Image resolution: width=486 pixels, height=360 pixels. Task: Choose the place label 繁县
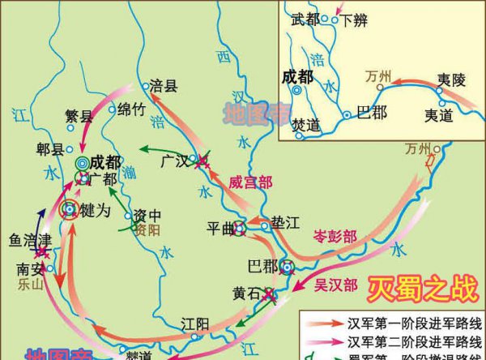tap(79, 116)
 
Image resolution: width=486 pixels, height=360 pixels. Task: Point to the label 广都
tap(104, 179)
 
